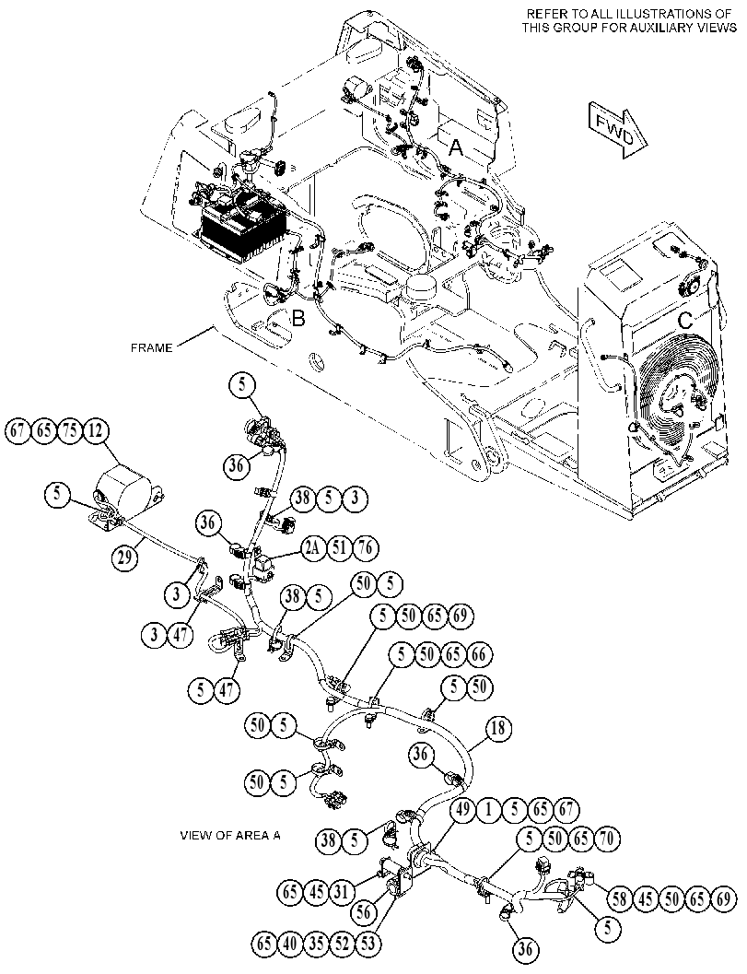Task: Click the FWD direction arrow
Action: click(x=616, y=130)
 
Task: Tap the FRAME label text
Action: click(x=151, y=348)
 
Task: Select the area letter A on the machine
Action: click(x=456, y=147)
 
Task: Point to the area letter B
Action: click(x=298, y=319)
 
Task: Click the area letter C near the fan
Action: click(x=685, y=322)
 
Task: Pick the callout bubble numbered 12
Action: click(x=95, y=431)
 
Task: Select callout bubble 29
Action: click(x=126, y=557)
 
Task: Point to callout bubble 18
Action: click(x=498, y=729)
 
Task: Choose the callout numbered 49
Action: click(x=463, y=810)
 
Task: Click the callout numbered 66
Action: click(x=478, y=655)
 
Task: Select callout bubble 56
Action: click(x=365, y=912)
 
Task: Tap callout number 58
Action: click(x=620, y=899)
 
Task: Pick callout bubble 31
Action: click(x=342, y=892)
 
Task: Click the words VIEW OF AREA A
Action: click(x=230, y=836)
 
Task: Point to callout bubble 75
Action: click(x=70, y=431)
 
